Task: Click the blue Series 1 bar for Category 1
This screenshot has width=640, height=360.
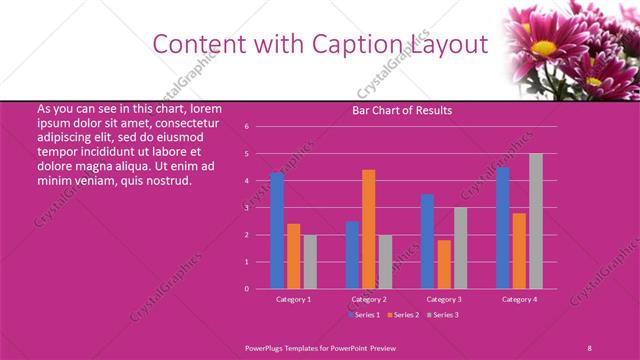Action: pos(277,231)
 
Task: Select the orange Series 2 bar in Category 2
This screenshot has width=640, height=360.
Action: pos(368,229)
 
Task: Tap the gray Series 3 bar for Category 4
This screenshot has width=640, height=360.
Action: pos(535,221)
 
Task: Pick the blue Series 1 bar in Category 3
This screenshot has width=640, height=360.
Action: pos(427,241)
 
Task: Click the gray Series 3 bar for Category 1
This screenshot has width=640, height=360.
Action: pos(309,262)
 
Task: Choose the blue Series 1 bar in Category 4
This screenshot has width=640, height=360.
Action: pos(502,228)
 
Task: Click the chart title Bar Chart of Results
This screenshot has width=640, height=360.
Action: pos(402,110)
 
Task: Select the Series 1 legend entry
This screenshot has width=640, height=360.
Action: pos(364,315)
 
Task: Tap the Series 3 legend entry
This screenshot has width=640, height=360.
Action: pos(444,315)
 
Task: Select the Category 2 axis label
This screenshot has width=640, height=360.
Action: pos(368,299)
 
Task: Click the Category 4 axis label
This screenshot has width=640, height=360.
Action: pos(518,299)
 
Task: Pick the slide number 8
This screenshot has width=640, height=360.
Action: pos(589,346)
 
